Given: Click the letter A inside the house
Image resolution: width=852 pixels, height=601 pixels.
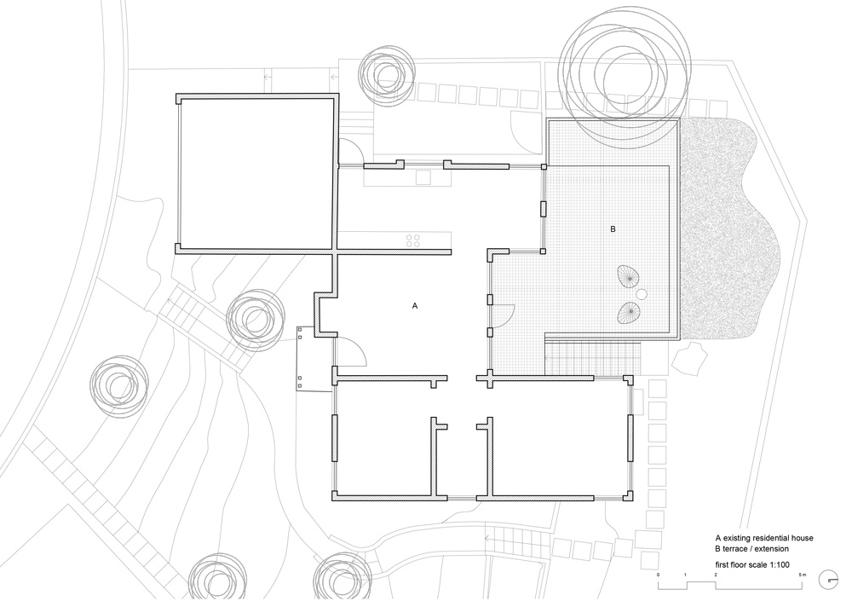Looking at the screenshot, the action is [x=415, y=306].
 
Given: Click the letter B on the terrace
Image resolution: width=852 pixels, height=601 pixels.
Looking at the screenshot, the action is [x=613, y=229].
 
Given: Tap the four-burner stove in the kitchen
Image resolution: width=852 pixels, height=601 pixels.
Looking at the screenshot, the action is [x=413, y=240].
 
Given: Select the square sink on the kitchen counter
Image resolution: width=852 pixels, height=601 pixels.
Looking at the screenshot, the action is [x=423, y=176].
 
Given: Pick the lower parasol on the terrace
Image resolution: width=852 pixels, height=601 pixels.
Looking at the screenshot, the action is [x=629, y=312].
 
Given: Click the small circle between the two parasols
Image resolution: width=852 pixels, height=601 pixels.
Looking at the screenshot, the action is [x=642, y=294].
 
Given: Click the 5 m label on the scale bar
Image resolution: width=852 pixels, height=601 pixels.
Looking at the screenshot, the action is [x=803, y=575].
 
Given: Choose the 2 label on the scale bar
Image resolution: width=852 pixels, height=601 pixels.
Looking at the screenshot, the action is [x=716, y=575].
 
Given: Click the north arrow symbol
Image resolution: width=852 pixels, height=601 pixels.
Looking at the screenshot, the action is [x=829, y=578].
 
